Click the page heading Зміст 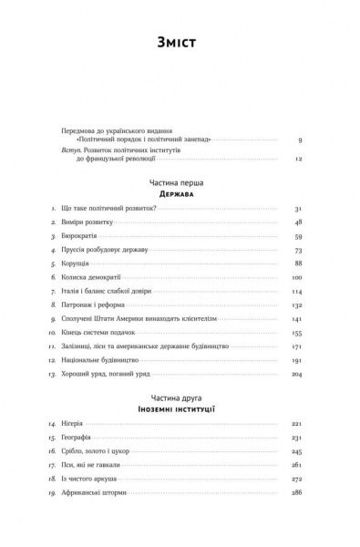[x=180, y=42]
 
